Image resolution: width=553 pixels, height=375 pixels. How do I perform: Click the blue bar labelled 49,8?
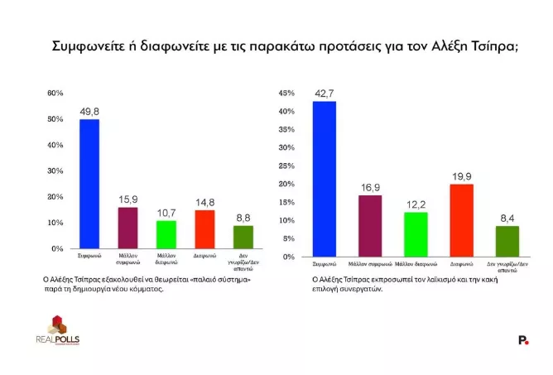point(89,184)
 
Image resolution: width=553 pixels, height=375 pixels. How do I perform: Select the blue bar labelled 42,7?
point(324,179)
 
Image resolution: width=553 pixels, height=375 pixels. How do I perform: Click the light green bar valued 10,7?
point(166,234)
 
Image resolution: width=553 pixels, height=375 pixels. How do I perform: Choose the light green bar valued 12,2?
point(416,234)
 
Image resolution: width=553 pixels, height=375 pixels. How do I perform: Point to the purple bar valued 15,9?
point(127,228)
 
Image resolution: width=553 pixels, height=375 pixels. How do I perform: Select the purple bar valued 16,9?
point(369,225)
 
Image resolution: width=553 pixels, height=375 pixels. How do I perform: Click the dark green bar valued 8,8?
point(243,237)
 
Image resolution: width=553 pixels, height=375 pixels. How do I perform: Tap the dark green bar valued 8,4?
point(506,241)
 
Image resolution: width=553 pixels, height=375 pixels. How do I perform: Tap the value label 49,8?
point(89,110)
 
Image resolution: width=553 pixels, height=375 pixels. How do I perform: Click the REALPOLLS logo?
point(57,330)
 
